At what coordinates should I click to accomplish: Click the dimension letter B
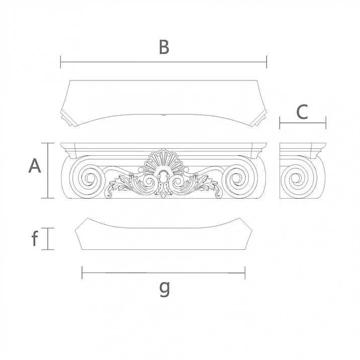click(164, 47)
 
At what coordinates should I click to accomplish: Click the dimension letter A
click(34, 165)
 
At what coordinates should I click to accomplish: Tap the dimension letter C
click(302, 112)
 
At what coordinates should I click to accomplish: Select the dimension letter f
click(35, 239)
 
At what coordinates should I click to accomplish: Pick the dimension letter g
click(164, 288)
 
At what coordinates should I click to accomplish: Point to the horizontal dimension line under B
click(163, 62)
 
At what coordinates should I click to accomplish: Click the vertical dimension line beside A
click(48, 170)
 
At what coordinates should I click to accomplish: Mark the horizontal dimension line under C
click(303, 123)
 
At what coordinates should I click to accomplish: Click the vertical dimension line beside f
click(48, 238)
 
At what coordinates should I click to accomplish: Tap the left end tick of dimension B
click(61, 62)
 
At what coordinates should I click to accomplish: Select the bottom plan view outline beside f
click(163, 236)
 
